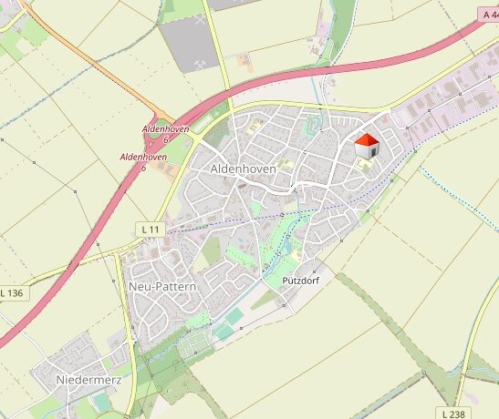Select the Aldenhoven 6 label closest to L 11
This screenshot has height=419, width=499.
click(x=144, y=162)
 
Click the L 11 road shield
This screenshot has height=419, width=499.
click(x=151, y=228)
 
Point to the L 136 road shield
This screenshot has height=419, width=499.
click(x=12, y=293)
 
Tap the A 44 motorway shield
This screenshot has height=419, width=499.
click(x=488, y=15)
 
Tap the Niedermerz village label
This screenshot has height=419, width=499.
click(x=88, y=378)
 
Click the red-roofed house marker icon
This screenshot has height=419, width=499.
click(x=366, y=146)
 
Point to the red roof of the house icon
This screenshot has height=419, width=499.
click(x=366, y=139)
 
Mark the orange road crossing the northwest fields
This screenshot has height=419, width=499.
click(x=82, y=56)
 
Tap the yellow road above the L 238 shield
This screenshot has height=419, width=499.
click(x=474, y=346)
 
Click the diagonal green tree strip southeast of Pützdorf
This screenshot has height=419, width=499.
click(x=383, y=319)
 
